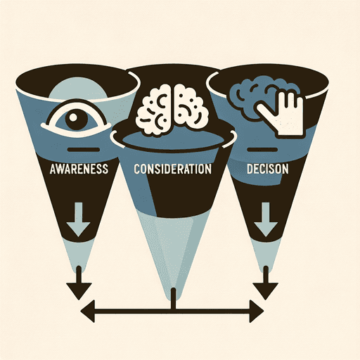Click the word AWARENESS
point(79,169)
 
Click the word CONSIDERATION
point(172,169)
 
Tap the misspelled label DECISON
point(267,169)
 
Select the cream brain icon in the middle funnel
point(172,110)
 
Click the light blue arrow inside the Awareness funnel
point(78,219)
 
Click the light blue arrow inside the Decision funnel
point(266,219)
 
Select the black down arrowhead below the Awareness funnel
point(79,290)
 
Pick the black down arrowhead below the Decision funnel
point(266,290)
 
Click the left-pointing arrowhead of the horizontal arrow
point(88,311)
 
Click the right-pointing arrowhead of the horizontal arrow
point(257,311)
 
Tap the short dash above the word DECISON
point(262,150)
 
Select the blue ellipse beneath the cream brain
point(172,140)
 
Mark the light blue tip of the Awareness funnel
point(78,255)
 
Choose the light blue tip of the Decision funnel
point(266,255)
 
